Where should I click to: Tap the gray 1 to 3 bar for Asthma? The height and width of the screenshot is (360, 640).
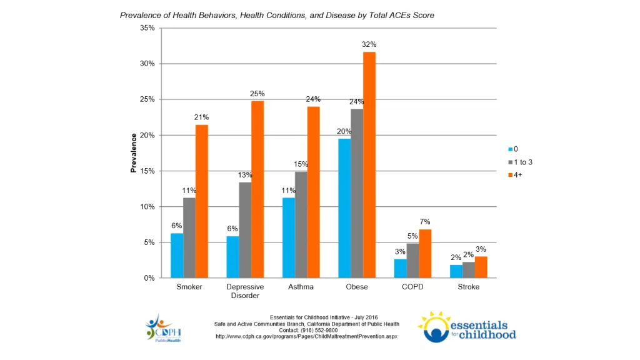click(x=301, y=225)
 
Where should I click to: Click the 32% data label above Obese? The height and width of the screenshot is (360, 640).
click(x=369, y=44)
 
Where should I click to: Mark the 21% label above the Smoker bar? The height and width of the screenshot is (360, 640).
click(x=201, y=117)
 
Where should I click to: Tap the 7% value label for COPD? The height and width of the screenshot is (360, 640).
click(x=425, y=222)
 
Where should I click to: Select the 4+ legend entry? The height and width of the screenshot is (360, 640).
click(x=516, y=175)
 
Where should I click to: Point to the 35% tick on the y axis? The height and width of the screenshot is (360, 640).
click(x=147, y=28)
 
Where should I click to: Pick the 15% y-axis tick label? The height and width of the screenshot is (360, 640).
click(x=147, y=171)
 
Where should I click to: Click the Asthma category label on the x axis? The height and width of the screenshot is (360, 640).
click(x=301, y=287)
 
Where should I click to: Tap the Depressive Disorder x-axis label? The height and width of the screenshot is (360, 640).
click(x=245, y=291)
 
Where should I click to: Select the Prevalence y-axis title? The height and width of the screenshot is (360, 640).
click(x=133, y=153)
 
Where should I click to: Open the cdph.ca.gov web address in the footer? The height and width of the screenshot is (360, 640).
click(x=306, y=336)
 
